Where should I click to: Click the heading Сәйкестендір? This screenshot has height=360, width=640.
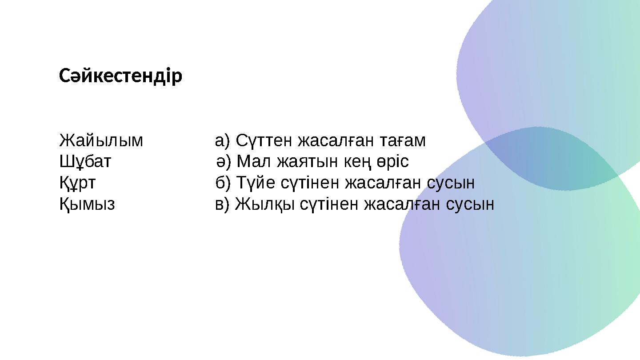(120, 76)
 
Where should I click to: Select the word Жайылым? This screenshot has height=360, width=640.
(101, 141)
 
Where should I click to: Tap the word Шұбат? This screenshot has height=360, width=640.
(85, 162)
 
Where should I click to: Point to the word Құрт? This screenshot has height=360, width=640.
(77, 183)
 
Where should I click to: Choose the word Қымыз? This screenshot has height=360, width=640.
(87, 204)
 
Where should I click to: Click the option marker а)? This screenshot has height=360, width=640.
(223, 141)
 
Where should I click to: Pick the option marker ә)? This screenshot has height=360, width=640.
(224, 162)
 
